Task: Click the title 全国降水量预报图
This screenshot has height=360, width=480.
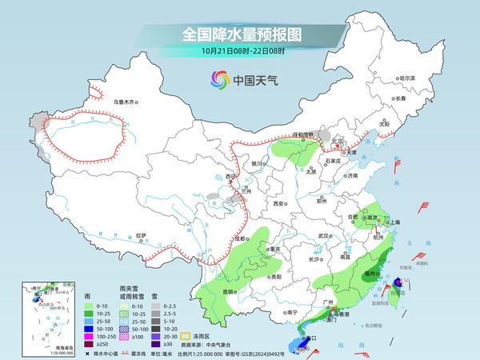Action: click(x=239, y=35)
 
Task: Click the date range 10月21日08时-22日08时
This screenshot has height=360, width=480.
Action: click(x=239, y=52)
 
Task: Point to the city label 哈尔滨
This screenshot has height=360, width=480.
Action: click(x=407, y=78)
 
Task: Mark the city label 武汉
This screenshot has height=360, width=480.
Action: click(x=323, y=236)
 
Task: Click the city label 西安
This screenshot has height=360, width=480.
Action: click(x=278, y=204)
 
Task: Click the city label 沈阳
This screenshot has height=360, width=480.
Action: click(x=386, y=125)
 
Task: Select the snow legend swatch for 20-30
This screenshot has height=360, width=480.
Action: click(x=155, y=335)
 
